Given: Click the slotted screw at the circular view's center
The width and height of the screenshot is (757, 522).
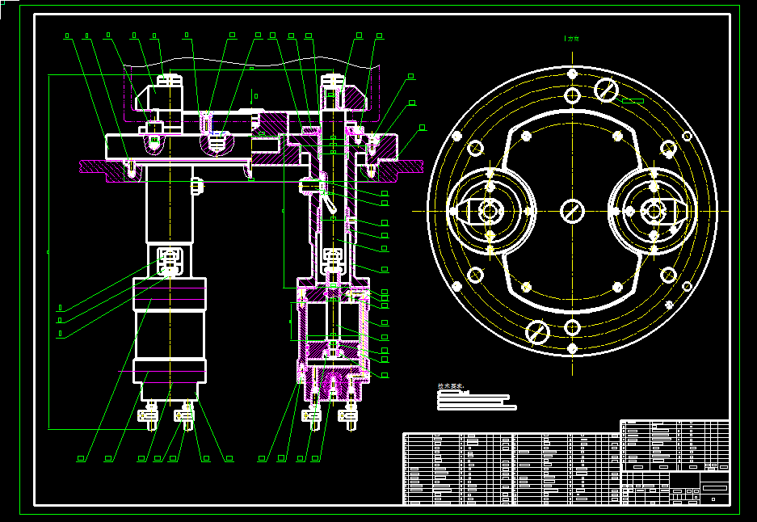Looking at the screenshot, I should pos(573,211).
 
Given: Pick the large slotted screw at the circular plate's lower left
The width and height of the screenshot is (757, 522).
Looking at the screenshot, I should pos(537,330).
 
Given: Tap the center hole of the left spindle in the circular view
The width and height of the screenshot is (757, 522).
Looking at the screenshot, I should pos(488,211).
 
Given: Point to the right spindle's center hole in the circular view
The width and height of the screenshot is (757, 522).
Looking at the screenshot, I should pos(653,210).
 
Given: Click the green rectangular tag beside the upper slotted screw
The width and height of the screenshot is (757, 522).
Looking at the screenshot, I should pos(633,101).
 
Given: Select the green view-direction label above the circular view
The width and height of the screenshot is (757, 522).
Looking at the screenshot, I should pos(573,38).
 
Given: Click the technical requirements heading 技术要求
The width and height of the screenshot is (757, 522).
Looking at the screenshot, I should pos(451,388).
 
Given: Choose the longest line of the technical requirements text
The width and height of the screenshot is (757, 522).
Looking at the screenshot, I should pos(477,407).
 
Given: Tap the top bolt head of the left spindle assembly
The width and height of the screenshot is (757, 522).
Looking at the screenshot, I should pos(168,80).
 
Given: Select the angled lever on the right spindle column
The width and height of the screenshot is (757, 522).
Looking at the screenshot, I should pos(326,199).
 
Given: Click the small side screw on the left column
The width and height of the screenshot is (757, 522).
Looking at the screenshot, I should pos(197,186).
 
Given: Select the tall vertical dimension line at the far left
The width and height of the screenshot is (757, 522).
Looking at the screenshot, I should pos(48,250).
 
